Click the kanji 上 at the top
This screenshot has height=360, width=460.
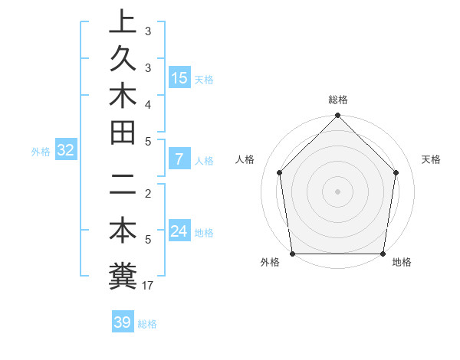tap(122, 23)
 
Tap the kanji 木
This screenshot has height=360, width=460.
tap(122, 97)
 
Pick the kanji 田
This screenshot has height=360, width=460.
tap(122, 133)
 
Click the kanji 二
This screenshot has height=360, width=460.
tap(122, 185)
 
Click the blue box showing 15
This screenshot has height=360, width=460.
tap(179, 78)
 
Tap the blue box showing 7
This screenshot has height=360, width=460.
tap(179, 160)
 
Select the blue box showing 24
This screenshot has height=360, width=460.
tap(179, 231)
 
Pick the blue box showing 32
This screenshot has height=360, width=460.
tap(65, 150)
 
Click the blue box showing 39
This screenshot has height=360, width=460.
tap(122, 322)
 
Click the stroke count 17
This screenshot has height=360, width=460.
tap(149, 286)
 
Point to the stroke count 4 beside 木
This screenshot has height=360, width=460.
tap(148, 103)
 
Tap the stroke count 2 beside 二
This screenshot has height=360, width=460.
tap(148, 194)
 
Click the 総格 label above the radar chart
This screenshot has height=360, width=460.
tap(337, 100)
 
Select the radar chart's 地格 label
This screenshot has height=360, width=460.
tap(401, 262)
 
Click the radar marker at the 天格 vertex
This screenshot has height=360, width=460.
tap(396, 172)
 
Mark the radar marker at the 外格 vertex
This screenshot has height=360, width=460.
tap(292, 254)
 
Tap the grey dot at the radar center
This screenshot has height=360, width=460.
tap(337, 191)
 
